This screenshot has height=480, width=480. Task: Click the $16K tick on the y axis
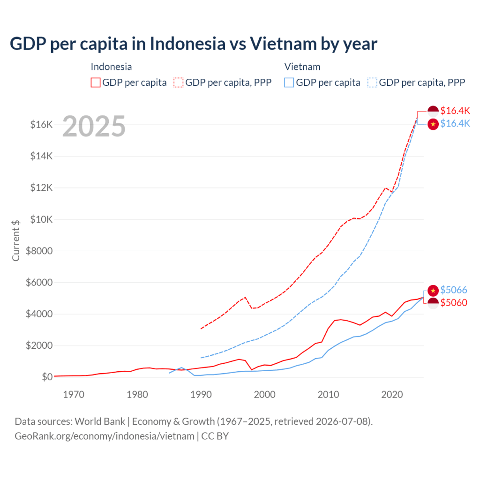pyautogui.click(x=41, y=125)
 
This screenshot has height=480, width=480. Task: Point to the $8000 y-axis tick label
pyautogui.click(x=39, y=251)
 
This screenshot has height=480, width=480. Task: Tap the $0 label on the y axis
pyautogui.click(x=47, y=377)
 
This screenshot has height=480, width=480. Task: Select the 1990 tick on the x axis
pyautogui.click(x=201, y=394)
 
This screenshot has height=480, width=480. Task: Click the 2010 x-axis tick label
pyautogui.click(x=328, y=394)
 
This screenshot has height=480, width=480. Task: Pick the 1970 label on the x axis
pyautogui.click(x=74, y=394)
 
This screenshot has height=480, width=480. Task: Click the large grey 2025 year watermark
pyautogui.click(x=94, y=126)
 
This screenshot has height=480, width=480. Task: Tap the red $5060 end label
pyautogui.click(x=454, y=303)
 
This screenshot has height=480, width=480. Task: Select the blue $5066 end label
pyautogui.click(x=454, y=290)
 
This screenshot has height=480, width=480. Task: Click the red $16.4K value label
pyautogui.click(x=455, y=111)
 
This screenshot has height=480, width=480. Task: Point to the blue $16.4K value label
pyautogui.click(x=455, y=124)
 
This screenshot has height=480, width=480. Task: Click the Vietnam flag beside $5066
pyautogui.click(x=433, y=290)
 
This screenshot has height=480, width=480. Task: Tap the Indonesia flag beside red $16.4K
pyautogui.click(x=433, y=111)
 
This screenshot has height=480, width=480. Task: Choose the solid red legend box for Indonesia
pyautogui.click(x=96, y=82)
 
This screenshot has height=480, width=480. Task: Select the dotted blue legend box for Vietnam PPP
pyautogui.click(x=372, y=82)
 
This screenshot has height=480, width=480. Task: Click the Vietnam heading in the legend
pyautogui.click(x=302, y=67)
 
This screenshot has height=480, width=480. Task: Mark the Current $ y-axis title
pyautogui.click(x=16, y=240)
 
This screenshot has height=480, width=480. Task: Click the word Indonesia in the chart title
pyautogui.click(x=187, y=44)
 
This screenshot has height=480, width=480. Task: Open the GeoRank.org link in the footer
pyautogui.click(x=105, y=436)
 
